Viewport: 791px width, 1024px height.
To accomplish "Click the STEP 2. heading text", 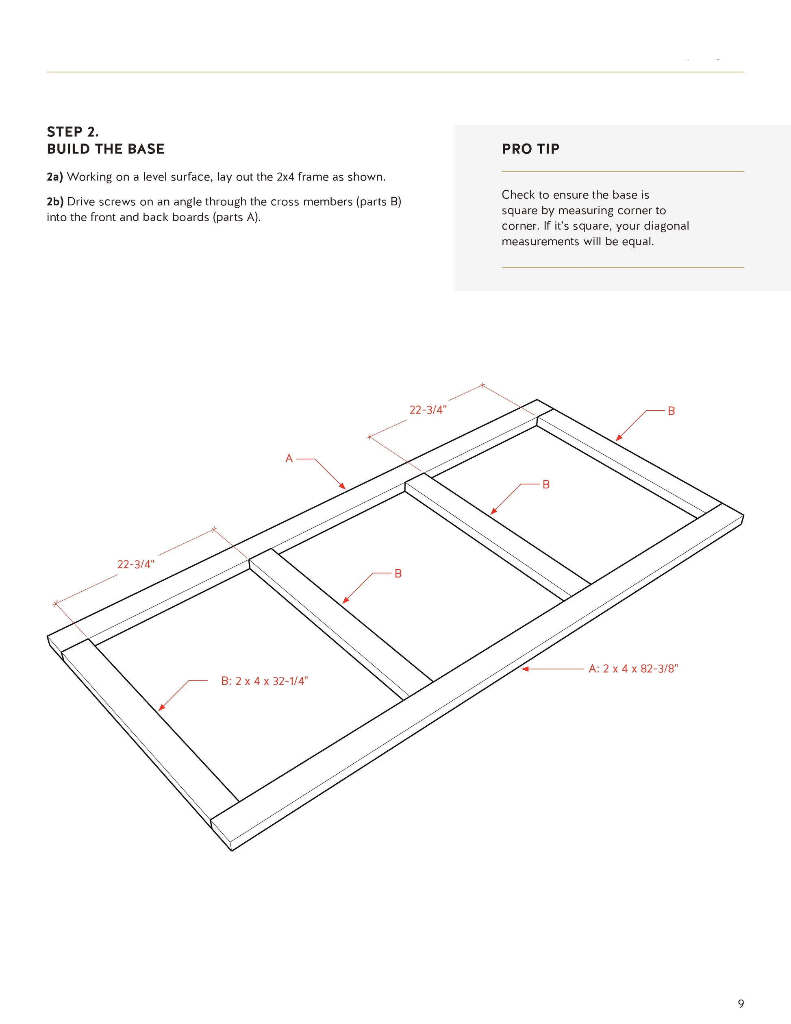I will [73, 132].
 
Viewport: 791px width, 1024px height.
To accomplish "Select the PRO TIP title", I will [530, 149].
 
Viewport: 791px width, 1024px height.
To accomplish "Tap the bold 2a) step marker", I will [54, 177].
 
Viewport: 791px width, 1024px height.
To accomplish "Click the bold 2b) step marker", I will [55, 202].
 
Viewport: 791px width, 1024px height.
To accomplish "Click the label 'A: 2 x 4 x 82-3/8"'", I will [633, 669].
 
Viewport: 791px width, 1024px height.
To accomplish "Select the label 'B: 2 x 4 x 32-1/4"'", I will [264, 681].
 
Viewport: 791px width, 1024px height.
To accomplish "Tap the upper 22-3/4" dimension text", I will [428, 410].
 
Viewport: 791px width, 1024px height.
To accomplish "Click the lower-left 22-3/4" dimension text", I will [135, 564].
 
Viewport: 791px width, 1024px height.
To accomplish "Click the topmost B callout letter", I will [671, 411].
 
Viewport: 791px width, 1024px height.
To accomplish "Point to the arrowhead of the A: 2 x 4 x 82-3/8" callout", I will [524, 669].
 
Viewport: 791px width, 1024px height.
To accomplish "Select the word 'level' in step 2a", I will [156, 177].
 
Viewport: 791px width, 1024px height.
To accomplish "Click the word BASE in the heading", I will [146, 149].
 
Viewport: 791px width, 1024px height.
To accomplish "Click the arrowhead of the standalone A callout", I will [343, 488].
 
